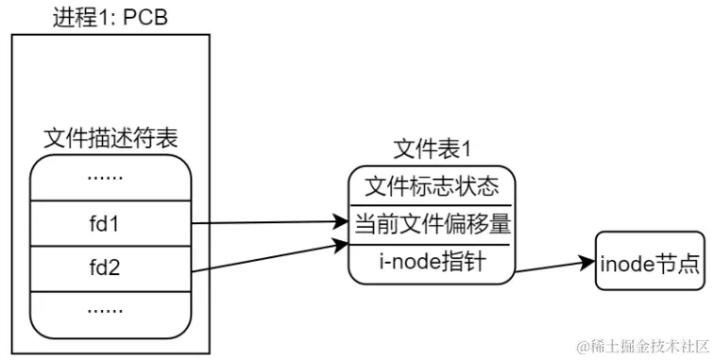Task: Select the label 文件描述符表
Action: click(x=111, y=138)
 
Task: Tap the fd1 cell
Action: click(x=111, y=224)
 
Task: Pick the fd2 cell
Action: click(x=111, y=269)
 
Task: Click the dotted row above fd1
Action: click(x=111, y=178)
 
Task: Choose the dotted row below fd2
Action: click(x=111, y=310)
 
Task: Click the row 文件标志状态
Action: click(x=431, y=185)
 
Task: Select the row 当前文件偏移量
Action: click(x=431, y=225)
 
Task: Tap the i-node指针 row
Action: click(x=431, y=262)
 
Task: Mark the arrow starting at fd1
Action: click(x=269, y=224)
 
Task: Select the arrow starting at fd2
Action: click(x=269, y=257)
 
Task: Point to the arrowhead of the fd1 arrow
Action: click(x=343, y=224)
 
